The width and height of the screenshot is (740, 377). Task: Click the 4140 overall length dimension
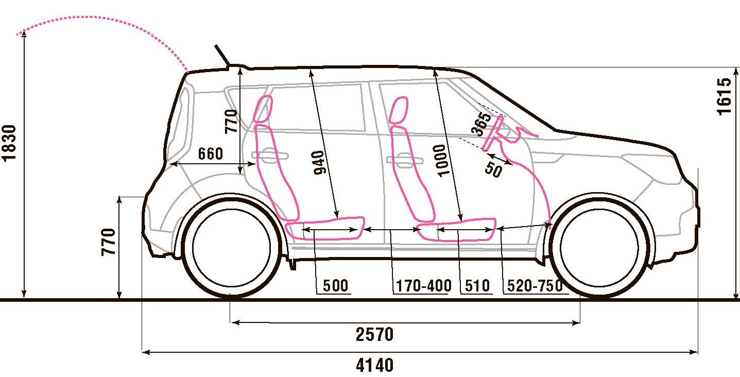pyautogui.click(x=374, y=366)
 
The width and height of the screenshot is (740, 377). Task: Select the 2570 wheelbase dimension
pyautogui.click(x=374, y=335)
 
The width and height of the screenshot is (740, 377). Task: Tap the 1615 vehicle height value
pyautogui.click(x=724, y=96)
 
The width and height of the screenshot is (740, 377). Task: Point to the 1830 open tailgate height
pyautogui.click(x=11, y=143)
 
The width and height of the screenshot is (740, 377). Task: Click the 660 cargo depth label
pyautogui.click(x=210, y=153)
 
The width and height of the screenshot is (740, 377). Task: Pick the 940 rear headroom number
pyautogui.click(x=319, y=163)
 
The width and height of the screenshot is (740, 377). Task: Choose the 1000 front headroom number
pyautogui.click(x=442, y=160)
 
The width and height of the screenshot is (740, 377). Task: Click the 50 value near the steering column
pyautogui.click(x=493, y=169)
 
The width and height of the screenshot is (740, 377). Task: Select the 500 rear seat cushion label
pyautogui.click(x=336, y=286)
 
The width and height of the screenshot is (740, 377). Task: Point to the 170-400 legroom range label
pyautogui.click(x=423, y=286)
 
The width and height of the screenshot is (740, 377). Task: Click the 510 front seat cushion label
pyautogui.click(x=477, y=286)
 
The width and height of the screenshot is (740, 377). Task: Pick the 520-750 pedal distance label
pyautogui.click(x=535, y=286)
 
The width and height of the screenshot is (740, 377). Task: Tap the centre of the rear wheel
pyautogui.click(x=232, y=246)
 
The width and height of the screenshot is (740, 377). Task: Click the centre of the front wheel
pyautogui.click(x=598, y=246)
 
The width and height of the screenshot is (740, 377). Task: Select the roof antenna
pyautogui.click(x=222, y=55)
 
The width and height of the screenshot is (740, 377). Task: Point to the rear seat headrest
pyautogui.click(x=263, y=109)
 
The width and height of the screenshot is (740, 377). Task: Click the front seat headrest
pyautogui.click(x=399, y=110)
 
